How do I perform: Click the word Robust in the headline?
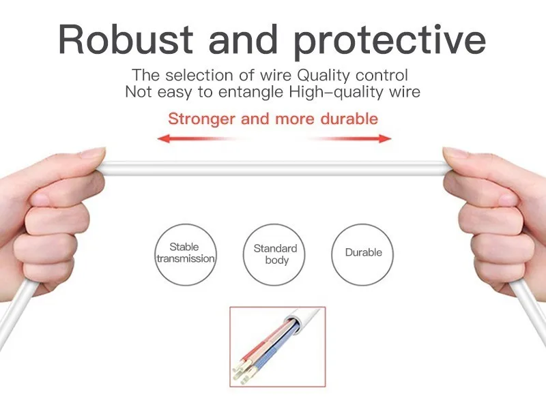126,39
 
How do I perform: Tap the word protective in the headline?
390,42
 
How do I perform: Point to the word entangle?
250,93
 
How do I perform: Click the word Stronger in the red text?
201,119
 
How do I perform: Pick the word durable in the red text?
349,119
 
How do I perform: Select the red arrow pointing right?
349,138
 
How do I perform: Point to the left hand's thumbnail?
93,153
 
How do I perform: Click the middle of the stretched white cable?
274,168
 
